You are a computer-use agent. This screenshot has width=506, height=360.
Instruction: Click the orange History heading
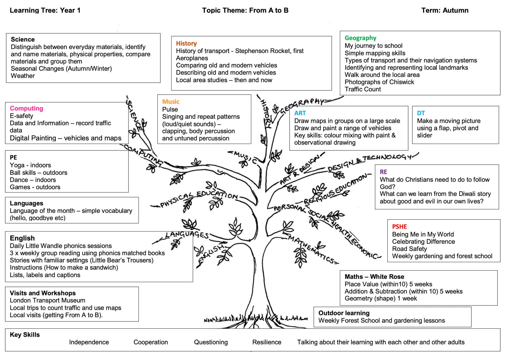point(186,43)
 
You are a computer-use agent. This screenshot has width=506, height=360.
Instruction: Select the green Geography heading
point(360,38)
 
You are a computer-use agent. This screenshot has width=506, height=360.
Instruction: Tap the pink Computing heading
point(27,108)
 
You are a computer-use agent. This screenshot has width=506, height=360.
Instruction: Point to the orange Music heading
point(171,101)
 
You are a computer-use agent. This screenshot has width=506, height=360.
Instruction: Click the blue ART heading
point(300,113)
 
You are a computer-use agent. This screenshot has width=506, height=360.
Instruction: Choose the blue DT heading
point(421,113)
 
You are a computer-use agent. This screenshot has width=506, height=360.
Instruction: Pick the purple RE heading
point(383,172)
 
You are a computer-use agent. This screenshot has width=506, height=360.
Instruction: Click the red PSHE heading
point(399,227)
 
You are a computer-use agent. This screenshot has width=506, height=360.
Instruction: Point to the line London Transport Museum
point(47,300)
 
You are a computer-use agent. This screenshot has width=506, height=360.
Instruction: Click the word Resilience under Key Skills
point(267,342)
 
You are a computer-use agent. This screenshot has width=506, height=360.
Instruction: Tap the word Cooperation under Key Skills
point(151,342)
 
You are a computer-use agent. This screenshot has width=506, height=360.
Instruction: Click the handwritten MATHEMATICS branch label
point(313,249)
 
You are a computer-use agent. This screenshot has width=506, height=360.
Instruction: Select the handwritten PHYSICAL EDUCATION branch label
point(199,198)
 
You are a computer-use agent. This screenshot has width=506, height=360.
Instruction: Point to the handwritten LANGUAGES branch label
point(187,235)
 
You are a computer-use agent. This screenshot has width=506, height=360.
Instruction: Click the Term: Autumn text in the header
point(445,10)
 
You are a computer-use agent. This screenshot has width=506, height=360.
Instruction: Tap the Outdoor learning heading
point(344,313)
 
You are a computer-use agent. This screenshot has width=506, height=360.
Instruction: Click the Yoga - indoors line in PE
point(30,165)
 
